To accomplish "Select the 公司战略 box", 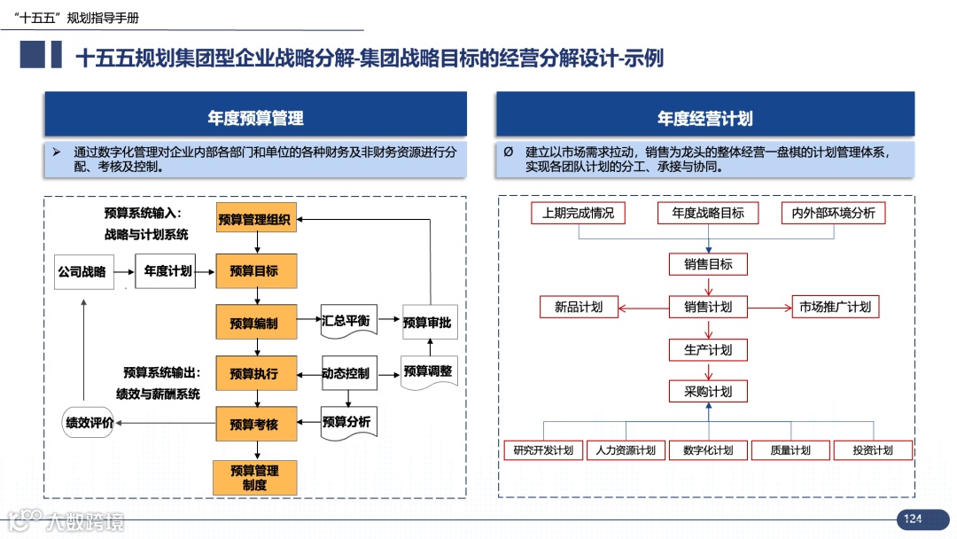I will click(82, 271).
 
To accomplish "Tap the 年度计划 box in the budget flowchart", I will click(167, 271).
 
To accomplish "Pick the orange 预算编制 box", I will click(253, 323).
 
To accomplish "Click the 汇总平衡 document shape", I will click(349, 321).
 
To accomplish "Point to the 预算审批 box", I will click(427, 323).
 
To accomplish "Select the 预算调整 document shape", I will click(427, 371).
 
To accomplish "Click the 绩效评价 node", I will click(89, 423).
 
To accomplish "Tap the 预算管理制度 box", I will click(253, 478).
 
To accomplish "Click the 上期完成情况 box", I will click(578, 213).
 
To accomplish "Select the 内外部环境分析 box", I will click(833, 213).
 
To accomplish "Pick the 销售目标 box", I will click(708, 264).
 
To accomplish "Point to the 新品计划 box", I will click(578, 307).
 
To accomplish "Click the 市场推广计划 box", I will click(835, 307).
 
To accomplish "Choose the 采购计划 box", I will click(708, 391).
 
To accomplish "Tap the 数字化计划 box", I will click(708, 450).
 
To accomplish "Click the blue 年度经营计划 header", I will click(704, 117).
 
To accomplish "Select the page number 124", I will click(913, 519).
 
